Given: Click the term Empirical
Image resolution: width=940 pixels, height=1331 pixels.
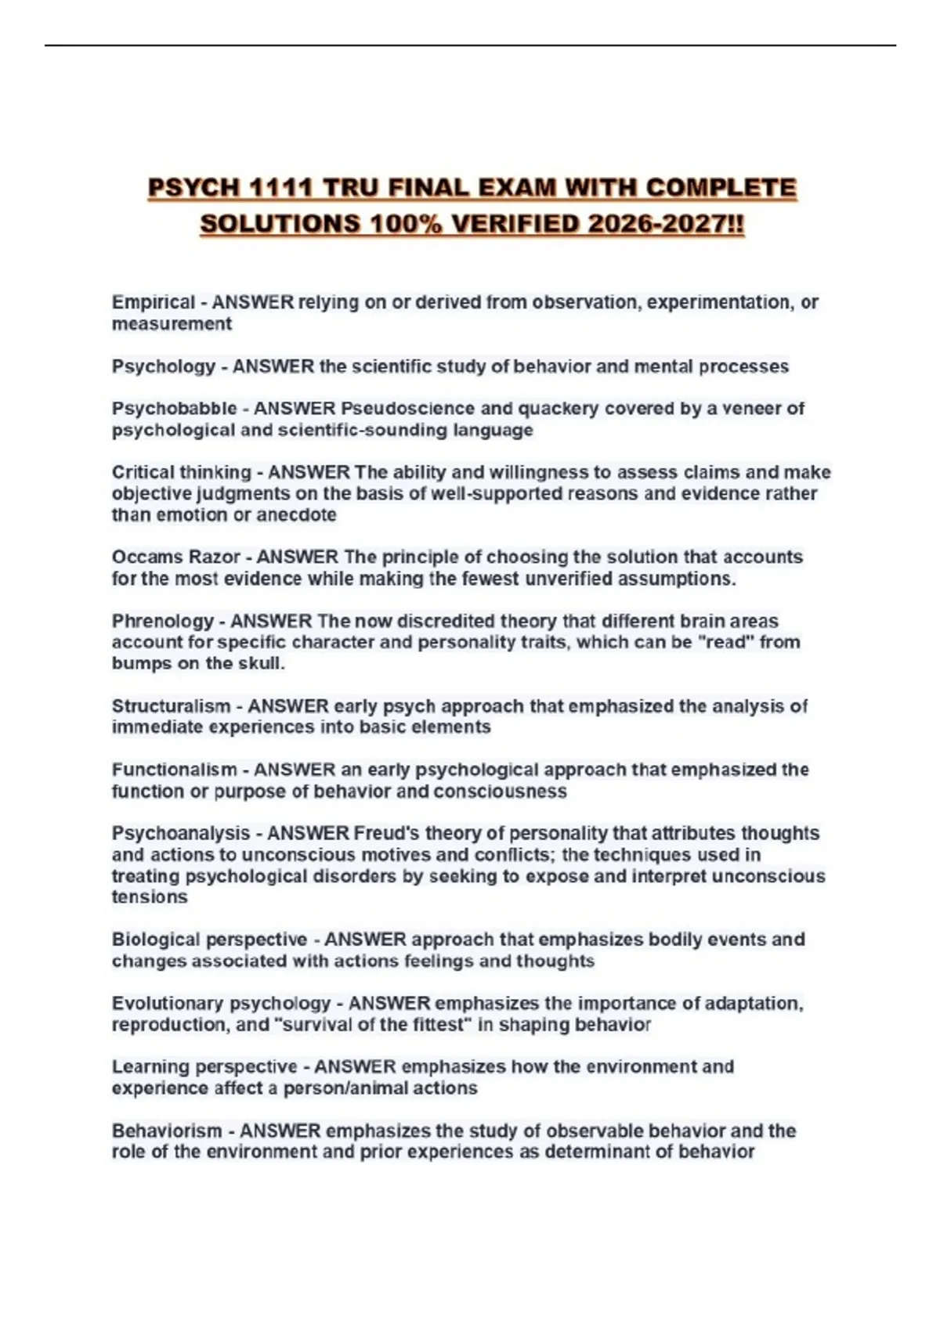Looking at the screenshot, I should [153, 302].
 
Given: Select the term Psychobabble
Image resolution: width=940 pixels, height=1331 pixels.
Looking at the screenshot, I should [174, 409].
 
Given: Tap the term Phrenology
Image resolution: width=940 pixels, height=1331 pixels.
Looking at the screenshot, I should [162, 622].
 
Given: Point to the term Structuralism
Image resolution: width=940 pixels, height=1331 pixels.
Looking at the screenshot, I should [171, 706].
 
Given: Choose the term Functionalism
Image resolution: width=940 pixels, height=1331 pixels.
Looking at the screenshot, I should [174, 770].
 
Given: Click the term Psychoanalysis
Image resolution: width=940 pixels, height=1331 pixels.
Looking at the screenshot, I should [181, 833].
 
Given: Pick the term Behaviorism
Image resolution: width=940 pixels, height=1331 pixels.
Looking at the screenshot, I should [167, 1131].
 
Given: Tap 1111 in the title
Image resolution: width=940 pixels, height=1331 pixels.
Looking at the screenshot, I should [281, 189].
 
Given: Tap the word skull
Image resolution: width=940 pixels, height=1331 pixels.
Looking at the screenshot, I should [258, 664].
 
